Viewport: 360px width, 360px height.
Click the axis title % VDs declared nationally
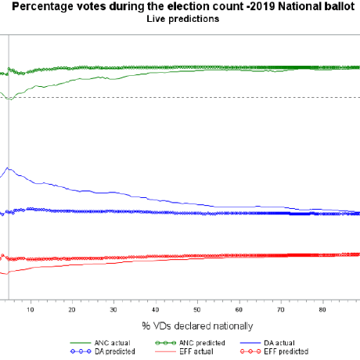tap(197, 326)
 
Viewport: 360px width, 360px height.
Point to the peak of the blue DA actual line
tap(9, 167)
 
